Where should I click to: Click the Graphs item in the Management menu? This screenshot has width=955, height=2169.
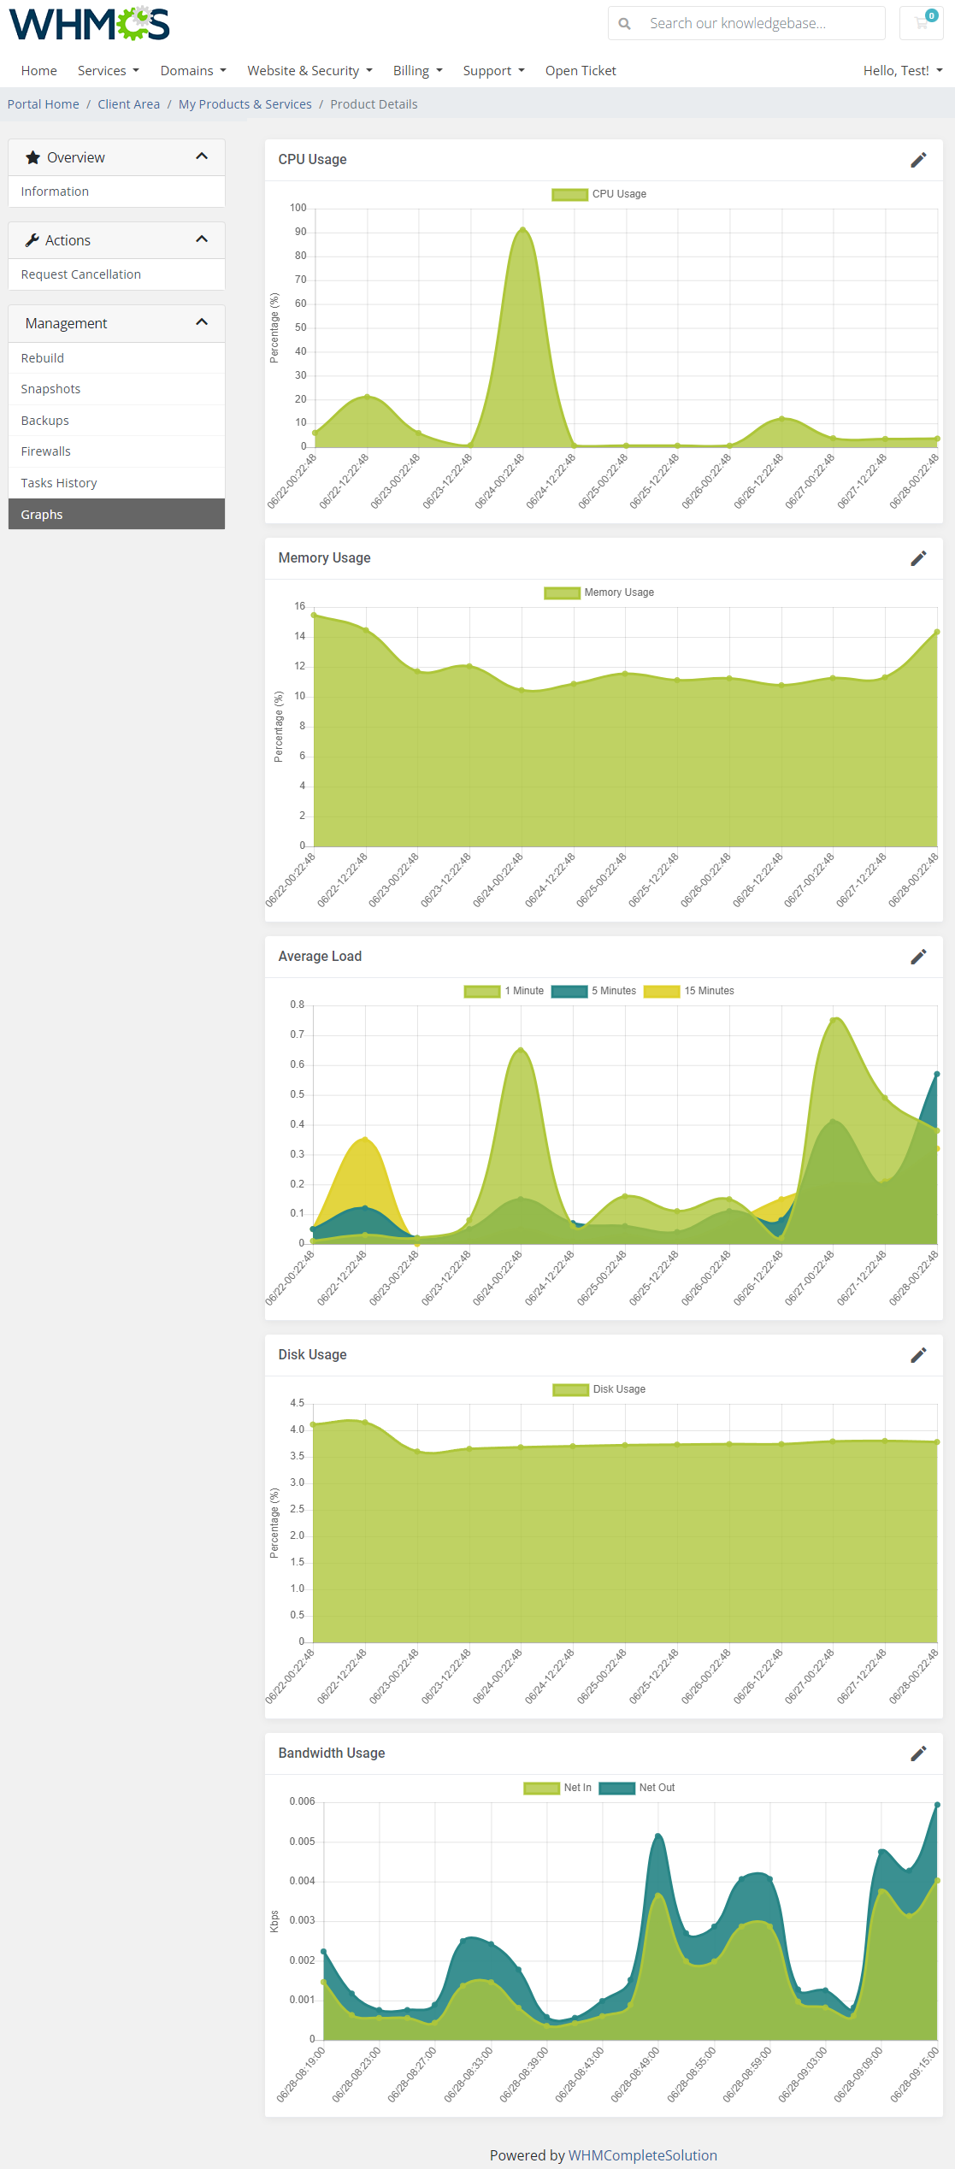tap(42, 515)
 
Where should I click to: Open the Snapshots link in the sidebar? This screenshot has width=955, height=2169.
tap(50, 389)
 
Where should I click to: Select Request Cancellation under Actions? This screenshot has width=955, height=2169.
tap(81, 274)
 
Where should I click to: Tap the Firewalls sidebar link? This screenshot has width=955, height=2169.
tap(46, 451)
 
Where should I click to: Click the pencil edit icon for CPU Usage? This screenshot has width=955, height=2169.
tap(918, 160)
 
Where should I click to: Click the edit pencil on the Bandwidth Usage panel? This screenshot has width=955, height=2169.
tap(918, 1753)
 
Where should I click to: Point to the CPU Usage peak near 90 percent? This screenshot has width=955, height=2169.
tap(522, 229)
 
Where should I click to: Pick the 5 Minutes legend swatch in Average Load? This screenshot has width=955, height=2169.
tap(569, 991)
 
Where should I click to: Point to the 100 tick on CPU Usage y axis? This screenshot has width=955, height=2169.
tap(298, 208)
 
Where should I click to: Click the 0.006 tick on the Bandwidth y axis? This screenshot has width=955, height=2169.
tap(302, 1801)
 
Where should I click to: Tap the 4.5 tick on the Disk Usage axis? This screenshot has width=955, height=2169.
tap(297, 1403)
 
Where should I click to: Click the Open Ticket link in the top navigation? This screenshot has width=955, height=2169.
tap(581, 71)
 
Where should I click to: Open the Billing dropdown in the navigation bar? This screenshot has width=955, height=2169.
tap(417, 71)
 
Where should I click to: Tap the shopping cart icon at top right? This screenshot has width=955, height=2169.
tap(922, 23)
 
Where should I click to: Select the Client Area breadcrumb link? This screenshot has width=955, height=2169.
tap(128, 104)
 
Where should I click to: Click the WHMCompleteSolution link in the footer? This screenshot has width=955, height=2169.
tap(642, 2155)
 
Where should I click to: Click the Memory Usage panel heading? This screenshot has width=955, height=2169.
tap(324, 558)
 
